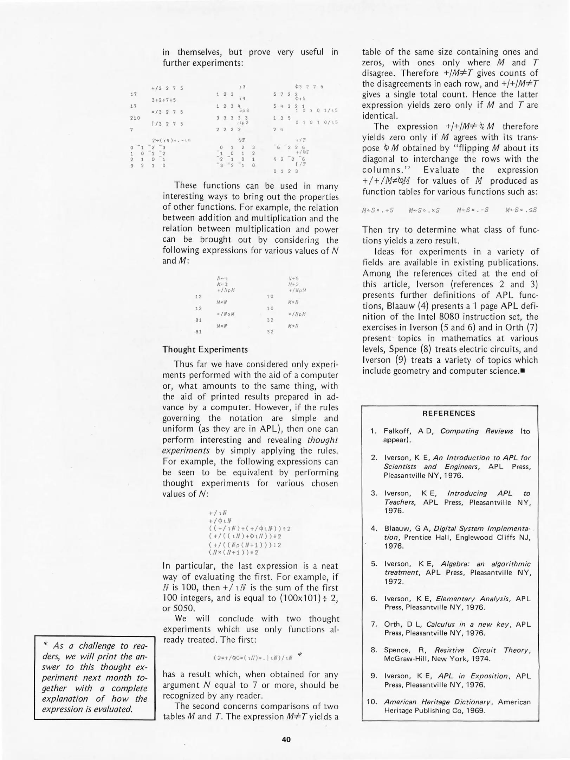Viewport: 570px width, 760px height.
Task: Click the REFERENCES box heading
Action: (x=449, y=413)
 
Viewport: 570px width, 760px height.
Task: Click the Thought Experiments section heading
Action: (x=205, y=350)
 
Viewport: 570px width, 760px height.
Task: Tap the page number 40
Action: (x=286, y=740)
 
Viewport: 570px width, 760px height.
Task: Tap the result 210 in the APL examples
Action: (x=135, y=118)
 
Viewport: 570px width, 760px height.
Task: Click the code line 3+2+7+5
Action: (x=163, y=100)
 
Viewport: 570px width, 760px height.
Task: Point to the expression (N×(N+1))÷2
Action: (x=233, y=552)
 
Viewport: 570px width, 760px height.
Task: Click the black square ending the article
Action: (x=523, y=371)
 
